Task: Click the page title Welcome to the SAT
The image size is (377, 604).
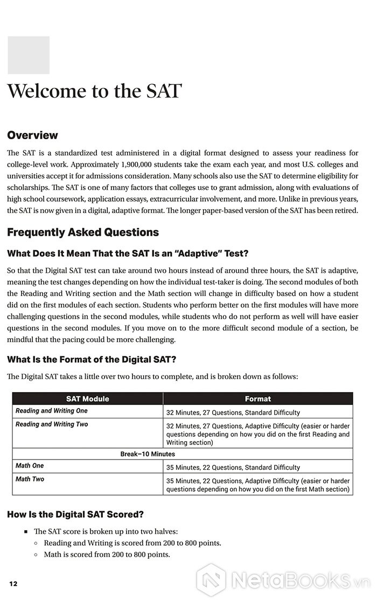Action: point(94,91)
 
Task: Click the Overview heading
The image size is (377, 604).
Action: point(32,135)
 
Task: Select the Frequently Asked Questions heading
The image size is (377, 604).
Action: point(83,232)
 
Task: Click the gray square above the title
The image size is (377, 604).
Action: point(28,55)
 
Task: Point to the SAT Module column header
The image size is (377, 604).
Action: point(87,399)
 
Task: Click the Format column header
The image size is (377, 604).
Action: point(258,399)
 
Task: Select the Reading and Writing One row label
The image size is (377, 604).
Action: point(51,411)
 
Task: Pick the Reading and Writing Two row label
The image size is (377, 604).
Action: point(52,424)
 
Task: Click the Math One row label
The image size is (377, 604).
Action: point(30,466)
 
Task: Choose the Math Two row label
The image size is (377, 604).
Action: point(30,479)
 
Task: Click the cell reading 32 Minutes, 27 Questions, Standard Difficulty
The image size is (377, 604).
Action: point(233,413)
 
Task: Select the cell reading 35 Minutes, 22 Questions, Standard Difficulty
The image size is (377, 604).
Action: point(233,468)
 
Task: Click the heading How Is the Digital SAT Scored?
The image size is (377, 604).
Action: point(75,514)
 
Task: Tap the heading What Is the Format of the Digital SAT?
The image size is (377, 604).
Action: point(92,360)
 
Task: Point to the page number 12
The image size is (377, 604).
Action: point(13,584)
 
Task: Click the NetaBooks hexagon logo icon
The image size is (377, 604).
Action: point(211,580)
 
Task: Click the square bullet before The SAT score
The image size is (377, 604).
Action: point(25,531)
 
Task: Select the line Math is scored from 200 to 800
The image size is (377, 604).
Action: point(107,554)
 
